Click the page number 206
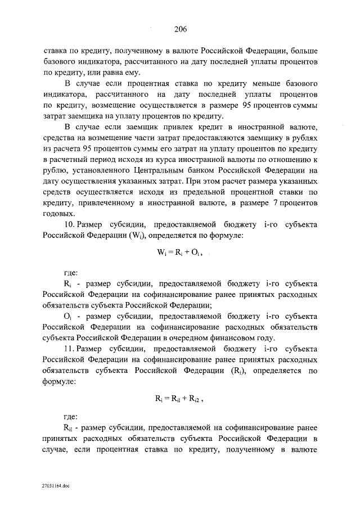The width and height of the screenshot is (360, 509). pyautogui.click(x=180, y=29)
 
